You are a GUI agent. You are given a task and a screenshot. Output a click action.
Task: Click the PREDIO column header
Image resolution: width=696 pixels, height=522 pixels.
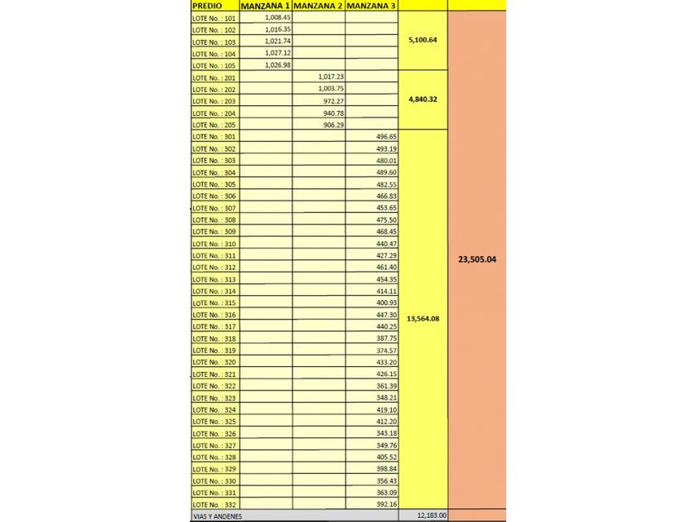click(207, 5)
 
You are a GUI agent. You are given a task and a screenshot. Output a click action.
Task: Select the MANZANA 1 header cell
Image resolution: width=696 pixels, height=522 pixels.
click(265, 5)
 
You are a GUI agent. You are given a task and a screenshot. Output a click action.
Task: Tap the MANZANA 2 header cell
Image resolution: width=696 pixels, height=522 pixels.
click(318, 5)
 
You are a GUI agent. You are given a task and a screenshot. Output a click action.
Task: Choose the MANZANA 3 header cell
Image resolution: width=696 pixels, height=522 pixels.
click(371, 5)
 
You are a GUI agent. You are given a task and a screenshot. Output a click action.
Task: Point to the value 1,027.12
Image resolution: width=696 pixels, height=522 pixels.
click(278, 53)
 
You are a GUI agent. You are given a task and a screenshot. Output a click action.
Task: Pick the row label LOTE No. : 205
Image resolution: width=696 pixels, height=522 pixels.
click(214, 125)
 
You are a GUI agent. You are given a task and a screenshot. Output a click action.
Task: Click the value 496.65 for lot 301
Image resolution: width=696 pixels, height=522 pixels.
click(386, 137)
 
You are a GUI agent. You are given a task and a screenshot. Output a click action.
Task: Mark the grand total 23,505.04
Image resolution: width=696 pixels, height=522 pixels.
click(476, 259)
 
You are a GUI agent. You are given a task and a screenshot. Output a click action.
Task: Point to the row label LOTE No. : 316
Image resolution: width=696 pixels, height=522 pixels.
click(214, 315)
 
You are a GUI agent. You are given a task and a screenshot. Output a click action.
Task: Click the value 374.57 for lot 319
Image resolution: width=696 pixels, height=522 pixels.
click(386, 350)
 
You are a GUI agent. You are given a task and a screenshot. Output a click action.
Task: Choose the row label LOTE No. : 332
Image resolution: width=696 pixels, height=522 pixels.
click(214, 505)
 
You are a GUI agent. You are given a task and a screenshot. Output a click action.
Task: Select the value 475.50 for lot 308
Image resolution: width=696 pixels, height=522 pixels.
click(386, 220)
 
